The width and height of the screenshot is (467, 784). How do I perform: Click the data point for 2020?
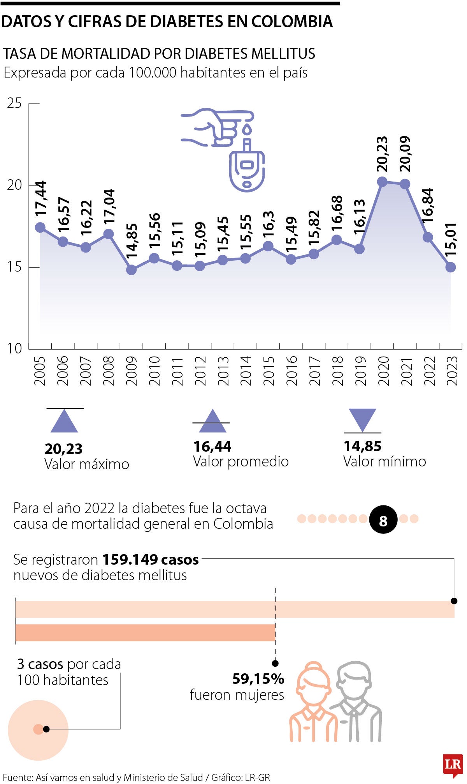[x=382, y=182]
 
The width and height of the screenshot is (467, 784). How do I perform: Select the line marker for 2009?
[x=132, y=270]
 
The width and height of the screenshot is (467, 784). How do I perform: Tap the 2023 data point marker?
[x=451, y=267]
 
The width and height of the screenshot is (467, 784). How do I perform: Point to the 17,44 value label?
[x=40, y=198]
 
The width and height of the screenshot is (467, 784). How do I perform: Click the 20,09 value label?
[x=405, y=154]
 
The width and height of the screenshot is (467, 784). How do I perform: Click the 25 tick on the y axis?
[x=14, y=103]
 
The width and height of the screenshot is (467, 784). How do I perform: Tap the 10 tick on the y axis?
[x=14, y=348]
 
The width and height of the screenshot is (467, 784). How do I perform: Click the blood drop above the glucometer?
[x=247, y=129]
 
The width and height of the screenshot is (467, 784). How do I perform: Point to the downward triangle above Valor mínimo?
[x=362, y=419]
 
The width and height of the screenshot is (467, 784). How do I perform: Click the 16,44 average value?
[x=212, y=447]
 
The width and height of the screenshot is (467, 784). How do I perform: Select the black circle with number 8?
[x=383, y=520]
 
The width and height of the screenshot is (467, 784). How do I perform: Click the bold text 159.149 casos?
[x=150, y=560]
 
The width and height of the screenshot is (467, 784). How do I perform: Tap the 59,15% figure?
[x=258, y=679]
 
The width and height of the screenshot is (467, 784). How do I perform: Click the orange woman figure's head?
[x=313, y=682]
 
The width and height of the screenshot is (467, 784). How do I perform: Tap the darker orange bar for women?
[x=145, y=633]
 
